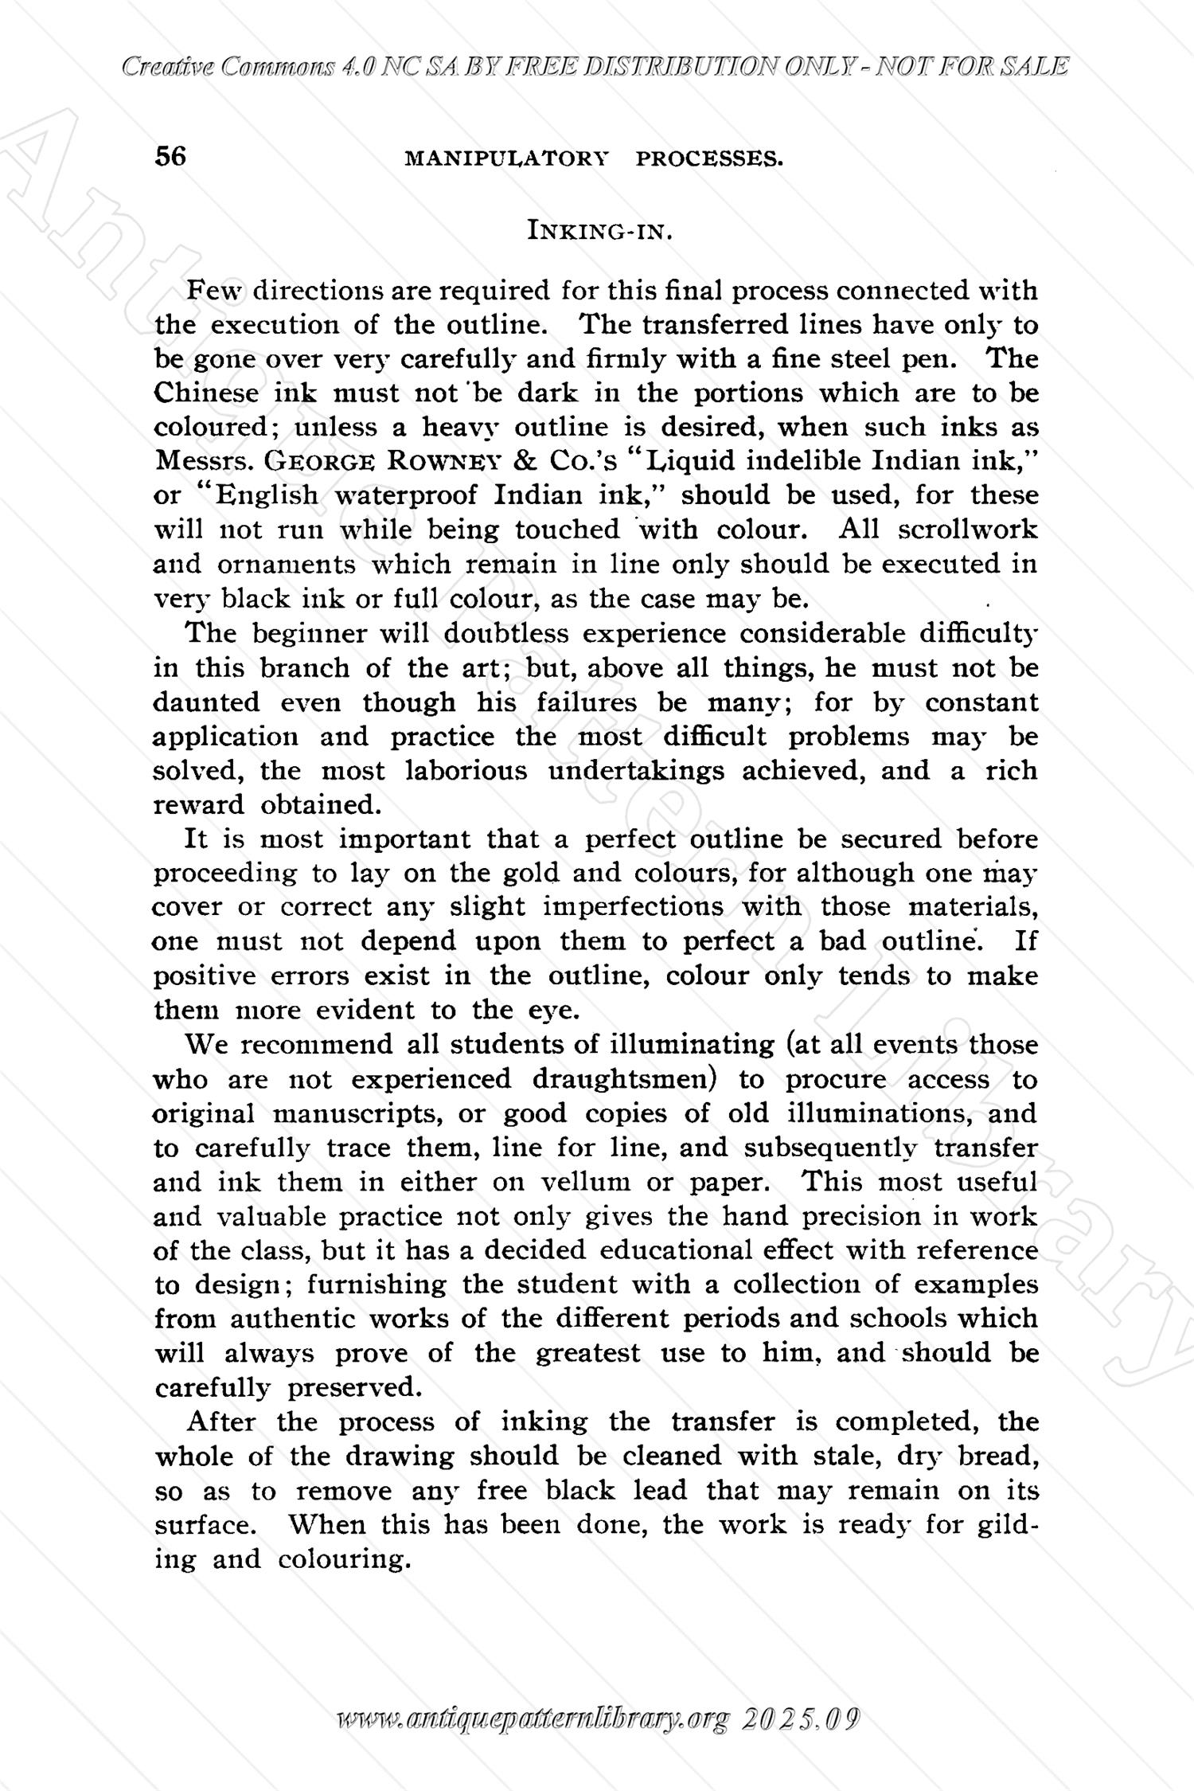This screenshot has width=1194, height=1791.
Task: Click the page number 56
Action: pos(170,156)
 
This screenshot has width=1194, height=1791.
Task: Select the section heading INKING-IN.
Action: pos(601,232)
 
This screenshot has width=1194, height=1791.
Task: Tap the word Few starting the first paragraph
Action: pos(208,291)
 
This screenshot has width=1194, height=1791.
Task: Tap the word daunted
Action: pos(206,702)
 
